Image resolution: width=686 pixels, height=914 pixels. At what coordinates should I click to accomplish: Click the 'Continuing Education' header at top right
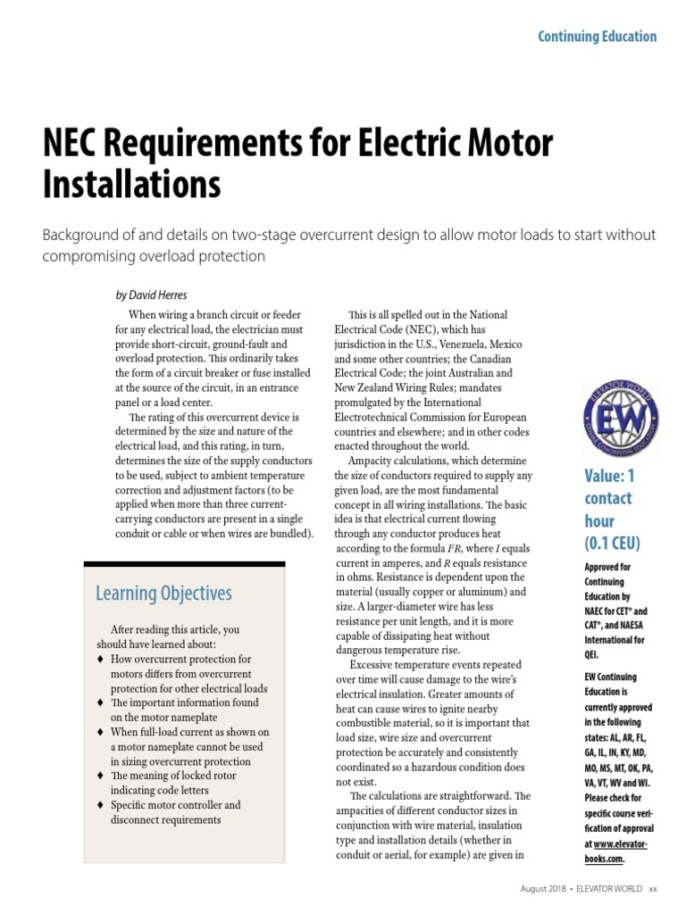(x=596, y=37)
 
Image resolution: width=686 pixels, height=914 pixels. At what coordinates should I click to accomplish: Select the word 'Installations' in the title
(x=131, y=184)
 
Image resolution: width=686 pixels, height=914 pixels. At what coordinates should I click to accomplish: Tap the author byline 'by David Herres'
(x=152, y=294)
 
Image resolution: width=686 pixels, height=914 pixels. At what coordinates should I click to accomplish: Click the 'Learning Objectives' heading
(x=163, y=594)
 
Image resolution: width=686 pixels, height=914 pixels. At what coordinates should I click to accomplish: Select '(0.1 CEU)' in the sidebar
(x=613, y=543)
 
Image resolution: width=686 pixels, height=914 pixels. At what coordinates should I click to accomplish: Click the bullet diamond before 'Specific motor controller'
(x=102, y=805)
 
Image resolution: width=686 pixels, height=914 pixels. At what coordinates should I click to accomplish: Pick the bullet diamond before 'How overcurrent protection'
(x=102, y=659)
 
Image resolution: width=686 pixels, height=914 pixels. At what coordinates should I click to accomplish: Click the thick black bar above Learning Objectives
(x=184, y=564)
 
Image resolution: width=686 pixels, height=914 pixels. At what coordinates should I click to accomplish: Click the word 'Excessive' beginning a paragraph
(x=377, y=665)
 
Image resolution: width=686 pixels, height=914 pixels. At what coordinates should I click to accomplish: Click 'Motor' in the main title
(x=510, y=145)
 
